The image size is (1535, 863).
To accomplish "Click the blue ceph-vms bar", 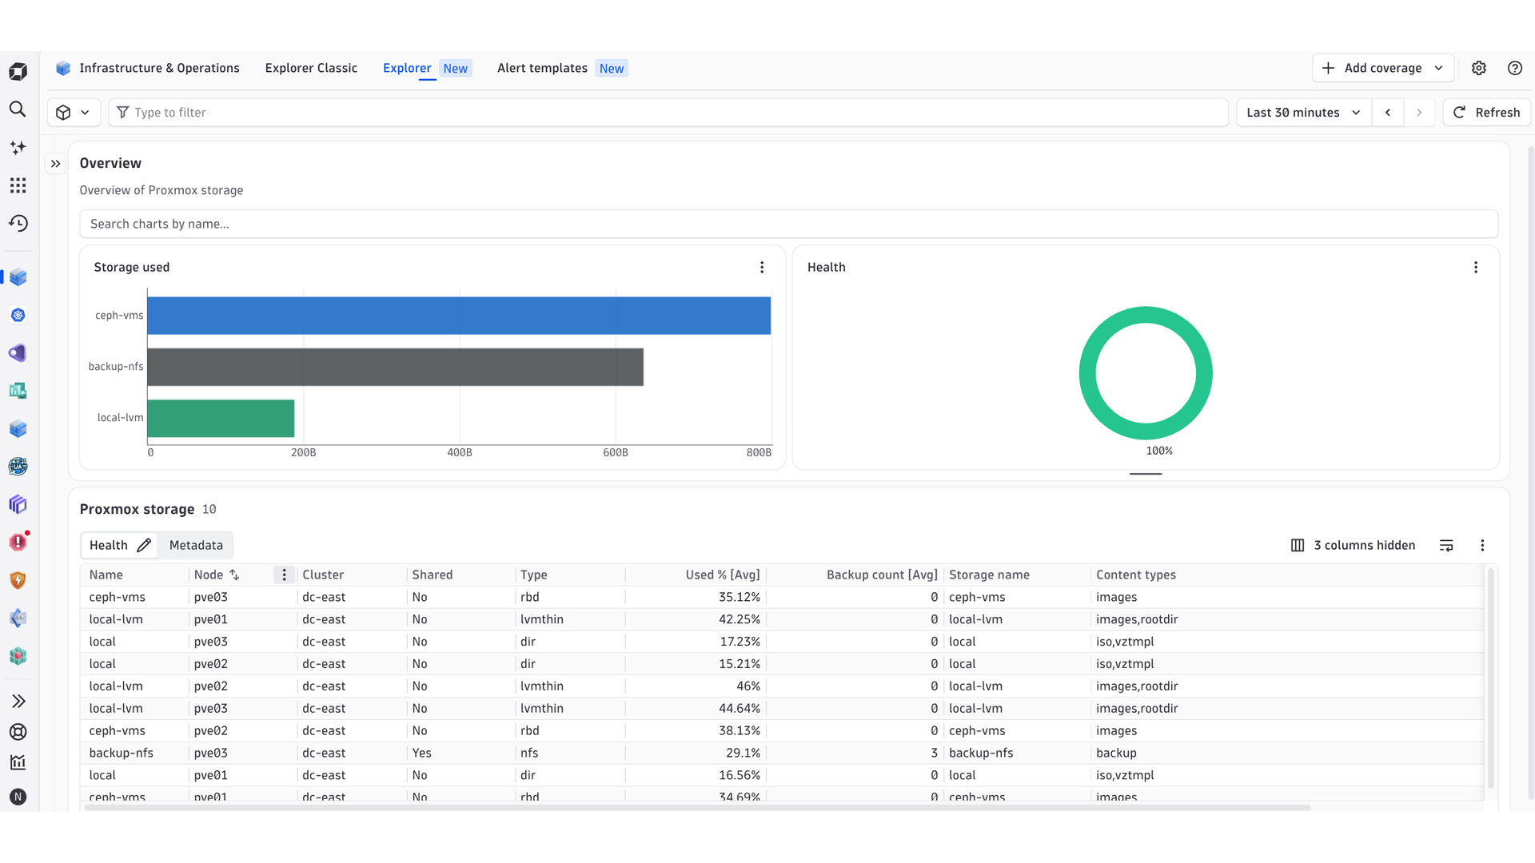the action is coord(459,316).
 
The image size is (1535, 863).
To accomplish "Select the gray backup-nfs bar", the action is coord(396,367).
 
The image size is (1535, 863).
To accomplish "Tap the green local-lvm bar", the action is coord(221,419).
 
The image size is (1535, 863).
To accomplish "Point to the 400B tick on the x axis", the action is coord(460,453).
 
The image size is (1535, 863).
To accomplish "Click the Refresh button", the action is coord(1486,113).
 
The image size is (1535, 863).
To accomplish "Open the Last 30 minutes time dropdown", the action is coord(1304,113).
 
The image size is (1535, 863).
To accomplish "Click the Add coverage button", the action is coord(1382,69).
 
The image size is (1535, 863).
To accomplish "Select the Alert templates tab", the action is coord(561,69).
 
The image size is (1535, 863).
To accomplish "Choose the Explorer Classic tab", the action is coord(311,69).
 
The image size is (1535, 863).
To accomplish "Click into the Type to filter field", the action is coord(668,113).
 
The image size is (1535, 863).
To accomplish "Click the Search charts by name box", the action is coord(788,224).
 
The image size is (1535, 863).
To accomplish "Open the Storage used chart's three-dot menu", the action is coord(762,268).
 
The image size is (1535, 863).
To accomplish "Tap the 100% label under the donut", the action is coord(1159,451).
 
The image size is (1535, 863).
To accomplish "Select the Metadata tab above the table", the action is coord(196,546).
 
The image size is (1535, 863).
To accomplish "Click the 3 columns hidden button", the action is coord(1353,546).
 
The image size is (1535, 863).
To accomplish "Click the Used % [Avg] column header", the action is coord(723,575).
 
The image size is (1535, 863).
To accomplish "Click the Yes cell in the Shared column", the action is coord(421,754).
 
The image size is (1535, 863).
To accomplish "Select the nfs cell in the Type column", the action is coord(529,754).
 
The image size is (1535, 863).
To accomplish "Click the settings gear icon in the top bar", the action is coord(1479,69).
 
